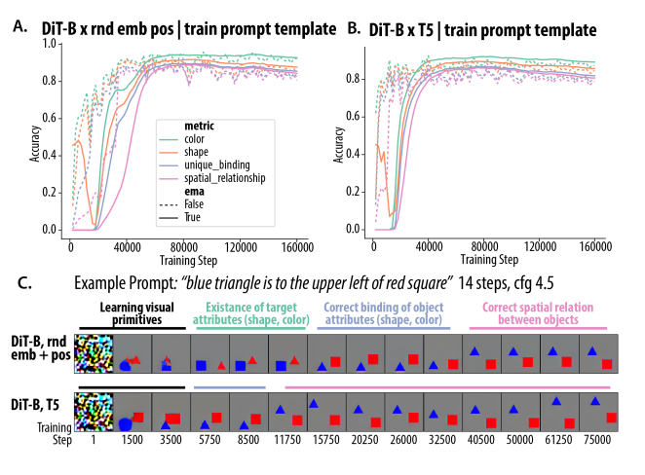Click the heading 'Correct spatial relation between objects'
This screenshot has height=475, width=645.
point(544,312)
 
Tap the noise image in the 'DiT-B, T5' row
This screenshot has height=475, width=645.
point(95,412)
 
